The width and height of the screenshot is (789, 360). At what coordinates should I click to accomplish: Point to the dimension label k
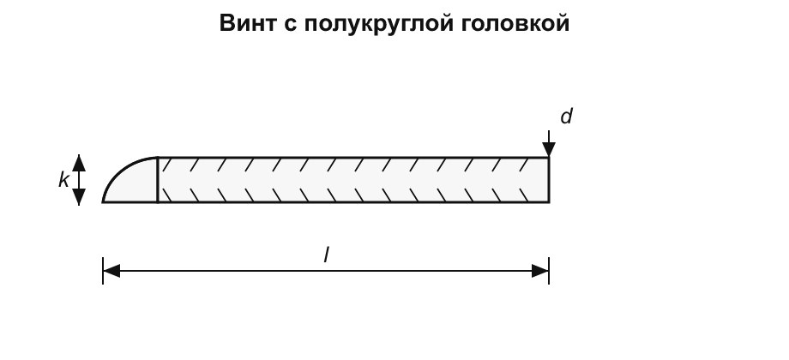tap(63, 179)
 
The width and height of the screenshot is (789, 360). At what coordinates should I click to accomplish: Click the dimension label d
tap(567, 117)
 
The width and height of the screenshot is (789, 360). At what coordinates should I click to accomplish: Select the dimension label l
tap(326, 255)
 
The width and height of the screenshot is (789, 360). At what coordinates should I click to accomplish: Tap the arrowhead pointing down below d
tap(549, 149)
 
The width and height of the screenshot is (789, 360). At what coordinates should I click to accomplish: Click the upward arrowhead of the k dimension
tap(79, 162)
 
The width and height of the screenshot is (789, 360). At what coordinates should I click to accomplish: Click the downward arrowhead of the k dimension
tap(79, 197)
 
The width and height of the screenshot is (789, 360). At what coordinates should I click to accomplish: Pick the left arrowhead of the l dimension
tap(111, 271)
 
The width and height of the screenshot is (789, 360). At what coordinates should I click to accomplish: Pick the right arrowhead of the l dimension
tap(540, 271)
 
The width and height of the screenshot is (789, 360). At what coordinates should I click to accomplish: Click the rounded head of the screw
tap(136, 184)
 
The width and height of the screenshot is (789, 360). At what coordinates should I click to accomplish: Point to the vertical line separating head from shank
tap(158, 180)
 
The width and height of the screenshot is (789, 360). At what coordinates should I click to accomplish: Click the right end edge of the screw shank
tap(549, 180)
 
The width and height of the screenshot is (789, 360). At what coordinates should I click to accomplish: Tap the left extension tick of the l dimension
tap(103, 271)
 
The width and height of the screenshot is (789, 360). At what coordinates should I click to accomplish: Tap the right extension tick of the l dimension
tap(549, 271)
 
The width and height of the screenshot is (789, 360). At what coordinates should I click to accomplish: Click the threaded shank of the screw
tap(353, 180)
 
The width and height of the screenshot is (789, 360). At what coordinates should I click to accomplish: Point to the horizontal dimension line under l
tap(326, 271)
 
